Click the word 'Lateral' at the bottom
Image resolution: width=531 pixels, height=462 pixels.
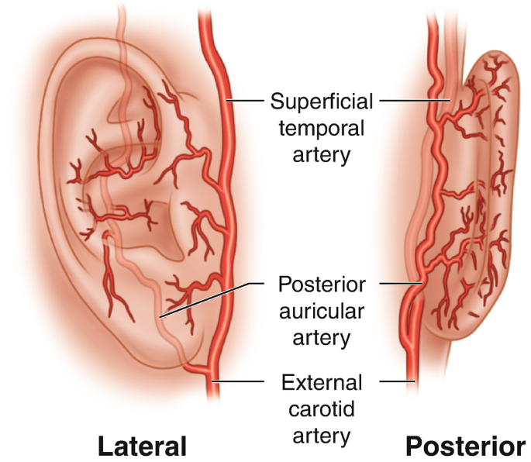coord(142,446)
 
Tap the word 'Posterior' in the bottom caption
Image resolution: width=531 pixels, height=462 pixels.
coord(464,446)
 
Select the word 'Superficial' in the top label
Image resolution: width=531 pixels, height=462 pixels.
coord(322,101)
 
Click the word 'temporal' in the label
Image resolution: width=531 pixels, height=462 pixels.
coord(322,127)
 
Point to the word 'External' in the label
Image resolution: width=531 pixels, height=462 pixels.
coord(322,382)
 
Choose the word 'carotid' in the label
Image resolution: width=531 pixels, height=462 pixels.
coord(322,409)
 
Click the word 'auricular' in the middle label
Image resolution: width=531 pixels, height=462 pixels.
coord(322,310)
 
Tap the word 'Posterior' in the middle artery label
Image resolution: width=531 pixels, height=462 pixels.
coord(322,284)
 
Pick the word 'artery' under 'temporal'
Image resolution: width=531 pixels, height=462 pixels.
coord(322,153)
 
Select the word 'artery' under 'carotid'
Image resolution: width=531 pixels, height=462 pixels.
coord(322,435)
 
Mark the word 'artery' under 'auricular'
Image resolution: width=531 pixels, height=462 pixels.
coord(322,337)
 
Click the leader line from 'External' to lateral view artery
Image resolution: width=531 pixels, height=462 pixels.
coord(244,381)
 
